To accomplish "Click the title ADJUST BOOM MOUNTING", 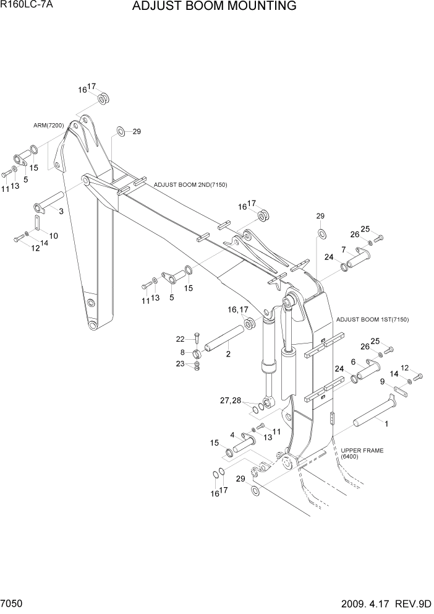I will [x=214, y=7].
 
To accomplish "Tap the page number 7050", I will [x=13, y=603].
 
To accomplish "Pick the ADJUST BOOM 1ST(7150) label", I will [x=372, y=319].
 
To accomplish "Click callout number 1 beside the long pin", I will [x=386, y=425].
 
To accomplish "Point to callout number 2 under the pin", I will [x=228, y=354].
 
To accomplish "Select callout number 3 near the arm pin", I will [x=61, y=212].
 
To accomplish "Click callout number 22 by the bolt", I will [x=180, y=339].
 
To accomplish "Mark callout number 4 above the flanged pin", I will [x=232, y=435].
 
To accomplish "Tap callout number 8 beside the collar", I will [x=182, y=352].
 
